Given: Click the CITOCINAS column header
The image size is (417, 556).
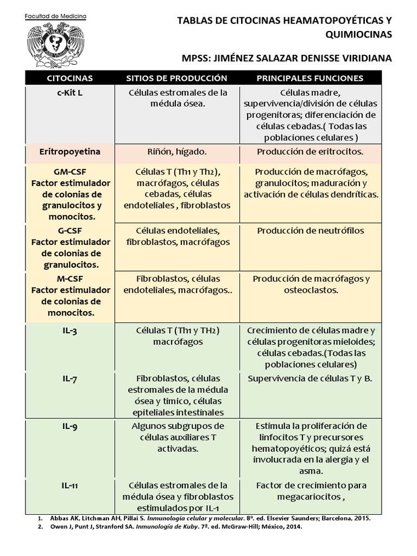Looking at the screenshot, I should click(69, 78).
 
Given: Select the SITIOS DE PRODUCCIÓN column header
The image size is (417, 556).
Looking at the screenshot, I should click(176, 78).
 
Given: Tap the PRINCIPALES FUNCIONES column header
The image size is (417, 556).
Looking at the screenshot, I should click(310, 78).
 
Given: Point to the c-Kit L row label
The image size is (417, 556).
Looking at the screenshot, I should click(69, 93).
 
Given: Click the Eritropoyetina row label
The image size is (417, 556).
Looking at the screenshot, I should click(69, 151).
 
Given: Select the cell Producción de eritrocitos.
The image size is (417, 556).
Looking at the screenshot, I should click(310, 152).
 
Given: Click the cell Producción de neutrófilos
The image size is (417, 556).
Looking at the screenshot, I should click(310, 231).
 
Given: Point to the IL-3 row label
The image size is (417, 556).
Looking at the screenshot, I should click(69, 331).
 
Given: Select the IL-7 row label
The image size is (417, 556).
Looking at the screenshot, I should click(69, 379).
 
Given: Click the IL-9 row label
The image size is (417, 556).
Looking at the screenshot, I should click(69, 426).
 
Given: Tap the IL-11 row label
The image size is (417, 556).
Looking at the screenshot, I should click(69, 485).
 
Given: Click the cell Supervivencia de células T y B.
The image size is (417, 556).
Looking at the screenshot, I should click(310, 378).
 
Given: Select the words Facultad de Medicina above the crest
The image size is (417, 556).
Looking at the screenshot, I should click(56, 17).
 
